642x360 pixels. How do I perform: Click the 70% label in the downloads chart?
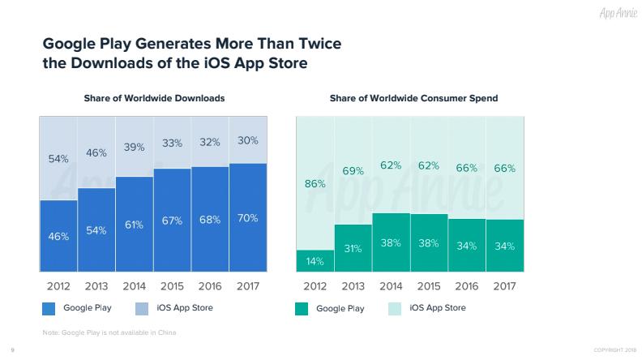(x=248, y=218)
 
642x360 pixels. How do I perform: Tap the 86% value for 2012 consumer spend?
(x=315, y=184)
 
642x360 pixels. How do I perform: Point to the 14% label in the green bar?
(x=315, y=262)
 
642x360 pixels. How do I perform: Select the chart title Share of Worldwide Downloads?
(x=154, y=98)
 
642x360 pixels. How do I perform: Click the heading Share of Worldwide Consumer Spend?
(x=413, y=98)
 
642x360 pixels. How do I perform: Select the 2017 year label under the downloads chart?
(x=248, y=286)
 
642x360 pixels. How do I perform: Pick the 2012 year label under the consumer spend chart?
(x=315, y=286)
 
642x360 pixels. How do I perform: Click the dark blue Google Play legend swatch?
(x=48, y=308)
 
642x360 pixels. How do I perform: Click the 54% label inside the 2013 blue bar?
(x=96, y=230)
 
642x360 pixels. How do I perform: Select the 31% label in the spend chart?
(x=353, y=249)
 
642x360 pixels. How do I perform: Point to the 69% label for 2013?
(x=353, y=172)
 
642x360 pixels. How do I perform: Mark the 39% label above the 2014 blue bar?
(x=135, y=147)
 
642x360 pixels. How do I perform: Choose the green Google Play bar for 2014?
(x=392, y=242)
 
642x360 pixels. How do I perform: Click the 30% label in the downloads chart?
(x=248, y=140)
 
